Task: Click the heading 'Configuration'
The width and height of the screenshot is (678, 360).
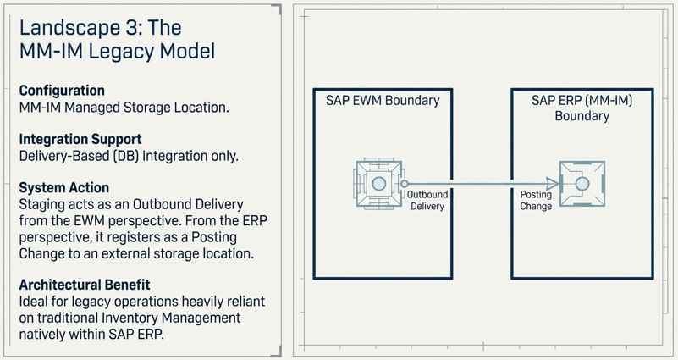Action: (x=62, y=91)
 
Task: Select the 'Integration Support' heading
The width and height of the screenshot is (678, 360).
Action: (x=80, y=139)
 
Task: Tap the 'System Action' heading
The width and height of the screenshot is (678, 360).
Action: (x=64, y=187)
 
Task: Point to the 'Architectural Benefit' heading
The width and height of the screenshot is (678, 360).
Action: (x=85, y=285)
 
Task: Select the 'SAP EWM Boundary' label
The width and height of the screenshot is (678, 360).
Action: (x=383, y=100)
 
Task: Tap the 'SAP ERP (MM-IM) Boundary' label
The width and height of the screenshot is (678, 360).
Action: (x=582, y=108)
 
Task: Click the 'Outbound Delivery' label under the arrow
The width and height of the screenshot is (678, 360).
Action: (x=427, y=201)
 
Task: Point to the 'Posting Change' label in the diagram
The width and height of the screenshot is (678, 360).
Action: (x=536, y=201)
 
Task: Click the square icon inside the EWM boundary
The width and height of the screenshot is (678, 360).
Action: (x=378, y=184)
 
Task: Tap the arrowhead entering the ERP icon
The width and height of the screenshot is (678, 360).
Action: (x=552, y=184)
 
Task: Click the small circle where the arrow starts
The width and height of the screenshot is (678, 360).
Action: (x=405, y=184)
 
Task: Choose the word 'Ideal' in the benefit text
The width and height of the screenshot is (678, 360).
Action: (x=34, y=302)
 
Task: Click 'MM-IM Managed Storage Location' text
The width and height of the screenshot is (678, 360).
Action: (x=124, y=108)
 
